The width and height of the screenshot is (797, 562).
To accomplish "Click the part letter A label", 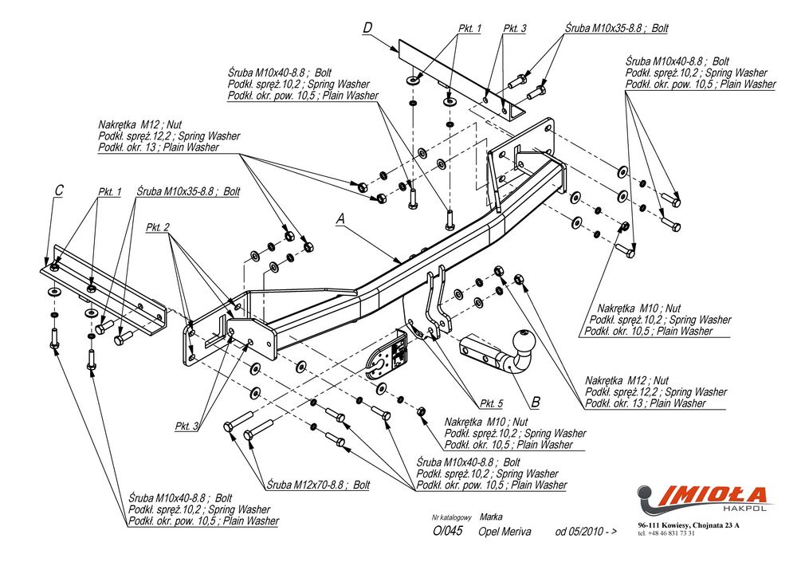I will (340, 218).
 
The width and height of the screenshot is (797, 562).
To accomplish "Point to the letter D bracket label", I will (367, 28).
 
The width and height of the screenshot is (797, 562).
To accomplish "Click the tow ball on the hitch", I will (526, 341).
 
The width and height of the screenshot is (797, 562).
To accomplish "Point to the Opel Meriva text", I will (506, 532).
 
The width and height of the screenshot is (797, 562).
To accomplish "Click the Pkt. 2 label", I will (158, 227).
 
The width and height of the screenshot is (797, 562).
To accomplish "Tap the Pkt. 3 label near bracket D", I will (515, 29).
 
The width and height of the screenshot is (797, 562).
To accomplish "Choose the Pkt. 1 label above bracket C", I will (109, 192).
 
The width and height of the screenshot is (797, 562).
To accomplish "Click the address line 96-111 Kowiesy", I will (688, 525).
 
